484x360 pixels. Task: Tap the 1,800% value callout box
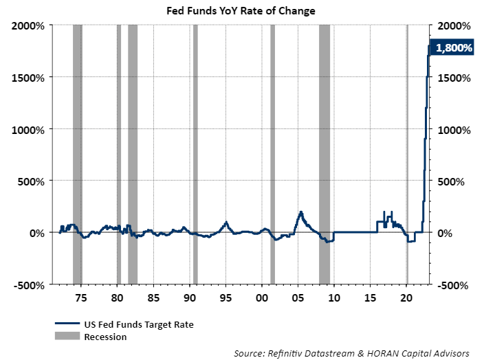tap(453, 48)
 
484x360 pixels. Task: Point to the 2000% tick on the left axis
tap(28, 25)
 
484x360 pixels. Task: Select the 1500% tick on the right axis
tap(453, 78)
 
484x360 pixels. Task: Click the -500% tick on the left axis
tap(28, 284)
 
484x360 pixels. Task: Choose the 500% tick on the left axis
tap(30, 181)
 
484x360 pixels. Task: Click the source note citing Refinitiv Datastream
tap(351, 352)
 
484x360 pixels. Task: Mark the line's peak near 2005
tap(300, 212)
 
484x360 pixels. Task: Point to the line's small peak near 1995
tap(226, 222)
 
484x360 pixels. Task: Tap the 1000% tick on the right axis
tap(453, 130)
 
